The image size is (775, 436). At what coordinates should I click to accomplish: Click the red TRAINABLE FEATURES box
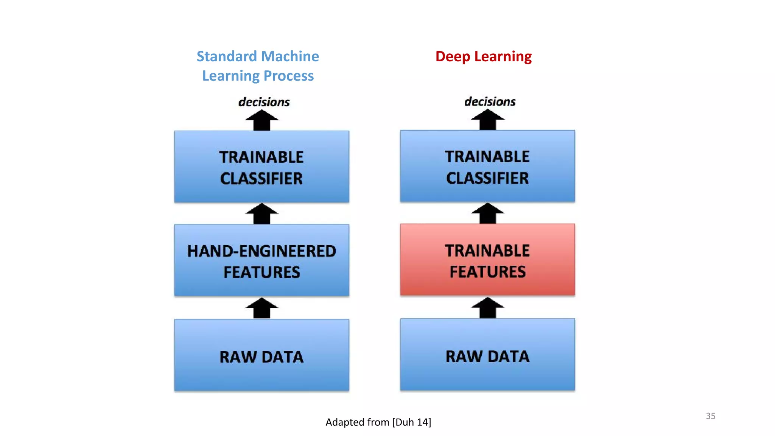coord(487,260)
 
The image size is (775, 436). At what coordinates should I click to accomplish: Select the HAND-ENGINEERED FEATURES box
coord(261,260)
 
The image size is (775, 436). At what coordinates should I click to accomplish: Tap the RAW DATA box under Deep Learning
coord(487,355)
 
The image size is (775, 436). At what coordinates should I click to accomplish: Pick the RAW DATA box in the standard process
coord(261,355)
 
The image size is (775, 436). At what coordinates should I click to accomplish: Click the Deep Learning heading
coord(483,56)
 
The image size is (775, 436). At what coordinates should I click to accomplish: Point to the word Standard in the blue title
coord(227,56)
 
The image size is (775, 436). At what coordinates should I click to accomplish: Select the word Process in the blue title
coord(288,76)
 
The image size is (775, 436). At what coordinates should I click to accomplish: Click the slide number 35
coord(710,416)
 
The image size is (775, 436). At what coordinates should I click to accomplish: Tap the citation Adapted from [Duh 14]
coord(378,422)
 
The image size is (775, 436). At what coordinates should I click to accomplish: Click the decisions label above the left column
coord(264,102)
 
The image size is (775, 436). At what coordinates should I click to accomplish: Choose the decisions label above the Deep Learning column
coord(490,101)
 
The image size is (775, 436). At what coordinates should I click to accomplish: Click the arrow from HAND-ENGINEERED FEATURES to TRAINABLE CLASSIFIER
coord(261,214)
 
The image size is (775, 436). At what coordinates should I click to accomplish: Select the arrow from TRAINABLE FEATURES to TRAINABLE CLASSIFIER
coord(487,213)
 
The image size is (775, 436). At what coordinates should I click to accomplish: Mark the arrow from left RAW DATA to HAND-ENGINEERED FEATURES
coord(261,308)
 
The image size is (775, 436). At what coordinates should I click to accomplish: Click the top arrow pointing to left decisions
coord(261,120)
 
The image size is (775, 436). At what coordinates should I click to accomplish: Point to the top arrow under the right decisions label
coord(487,120)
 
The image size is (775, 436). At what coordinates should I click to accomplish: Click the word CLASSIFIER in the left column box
coord(261,179)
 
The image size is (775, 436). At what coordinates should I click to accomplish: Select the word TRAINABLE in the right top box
coord(487,157)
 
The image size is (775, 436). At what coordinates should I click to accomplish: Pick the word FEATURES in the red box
coord(487,272)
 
